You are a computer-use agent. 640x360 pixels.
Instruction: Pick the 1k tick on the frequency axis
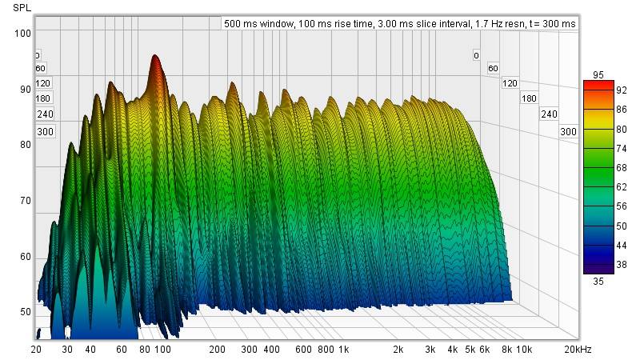click(343, 350)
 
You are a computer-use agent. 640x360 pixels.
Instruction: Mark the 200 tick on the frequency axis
click(217, 350)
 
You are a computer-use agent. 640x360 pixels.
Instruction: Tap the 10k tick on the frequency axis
click(524, 350)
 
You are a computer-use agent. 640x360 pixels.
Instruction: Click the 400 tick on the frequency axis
click(272, 350)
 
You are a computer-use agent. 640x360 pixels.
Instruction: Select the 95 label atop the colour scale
click(598, 74)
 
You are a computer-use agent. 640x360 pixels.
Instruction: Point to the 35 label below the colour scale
click(598, 281)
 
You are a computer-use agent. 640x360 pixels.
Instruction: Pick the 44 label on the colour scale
click(621, 244)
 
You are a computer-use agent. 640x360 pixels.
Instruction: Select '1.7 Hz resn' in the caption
click(498, 24)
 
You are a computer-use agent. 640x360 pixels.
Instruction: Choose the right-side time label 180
click(529, 98)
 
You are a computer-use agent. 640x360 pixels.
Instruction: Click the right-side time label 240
click(549, 114)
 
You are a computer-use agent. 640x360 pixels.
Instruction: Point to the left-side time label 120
click(43, 83)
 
